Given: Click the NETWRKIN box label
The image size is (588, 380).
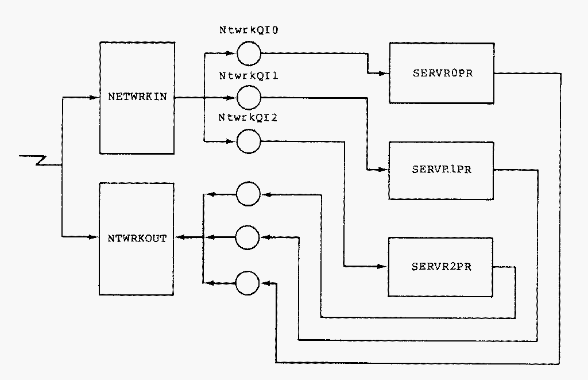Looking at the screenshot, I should coord(137,97).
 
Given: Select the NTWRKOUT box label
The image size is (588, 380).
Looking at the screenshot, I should coord(137,237).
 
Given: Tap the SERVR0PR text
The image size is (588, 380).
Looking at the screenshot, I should coord(442,74).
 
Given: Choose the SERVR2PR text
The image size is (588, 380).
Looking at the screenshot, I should coord(442,267).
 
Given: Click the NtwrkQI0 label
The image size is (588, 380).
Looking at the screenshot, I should coord(249,31).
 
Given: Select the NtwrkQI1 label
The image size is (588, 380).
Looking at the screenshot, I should coord(249,75).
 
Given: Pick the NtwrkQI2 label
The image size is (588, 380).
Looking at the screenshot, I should coord(249,118).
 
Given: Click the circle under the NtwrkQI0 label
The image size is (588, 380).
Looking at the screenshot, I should coord(249,54).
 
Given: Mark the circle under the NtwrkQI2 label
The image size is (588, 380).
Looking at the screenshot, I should coord(249,141).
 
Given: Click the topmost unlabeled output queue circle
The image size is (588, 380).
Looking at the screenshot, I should coord(248,194).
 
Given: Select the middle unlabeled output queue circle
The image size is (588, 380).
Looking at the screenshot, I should coord(248,237).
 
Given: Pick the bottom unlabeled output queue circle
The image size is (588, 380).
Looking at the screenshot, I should coord(248,282).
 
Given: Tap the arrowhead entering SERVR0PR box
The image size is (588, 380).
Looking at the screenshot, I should coord(384,74).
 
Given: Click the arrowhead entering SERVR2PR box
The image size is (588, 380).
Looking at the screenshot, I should coord(383,266).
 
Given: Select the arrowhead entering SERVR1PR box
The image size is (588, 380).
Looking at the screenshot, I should coord(384,170).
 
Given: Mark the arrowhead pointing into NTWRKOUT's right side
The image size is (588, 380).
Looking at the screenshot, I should coord(179,237).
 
